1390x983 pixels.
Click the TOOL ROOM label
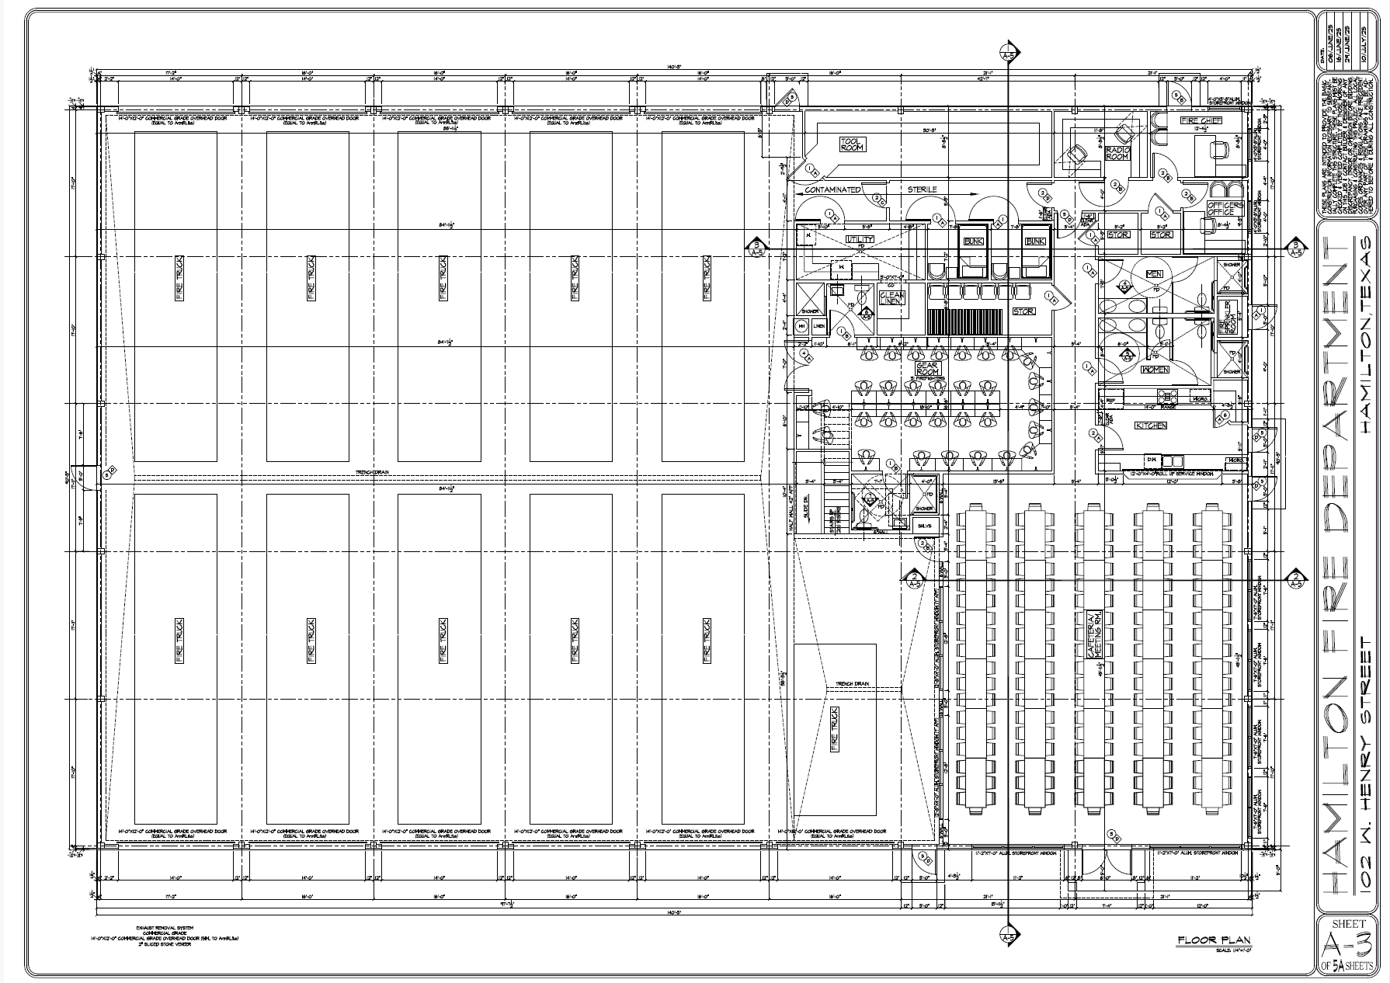[851, 144]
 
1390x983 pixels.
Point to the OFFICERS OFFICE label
[1225, 209]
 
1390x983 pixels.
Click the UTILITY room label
[860, 239]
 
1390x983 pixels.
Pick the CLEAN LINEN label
[890, 299]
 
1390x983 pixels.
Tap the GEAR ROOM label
[927, 369]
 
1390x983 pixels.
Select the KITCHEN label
[1151, 426]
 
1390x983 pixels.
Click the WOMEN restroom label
[1155, 370]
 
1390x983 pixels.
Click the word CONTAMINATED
[832, 189]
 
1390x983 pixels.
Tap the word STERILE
[923, 189]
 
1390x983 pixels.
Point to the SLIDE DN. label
[804, 513]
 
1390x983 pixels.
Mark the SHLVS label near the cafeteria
[923, 526]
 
